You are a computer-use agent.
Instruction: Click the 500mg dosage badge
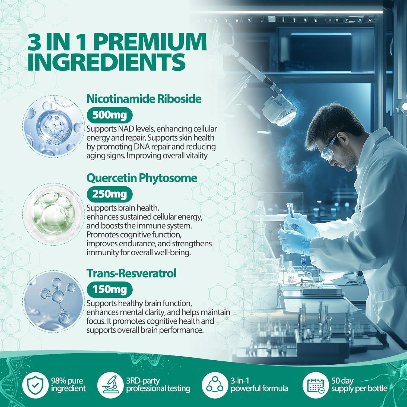point(109,115)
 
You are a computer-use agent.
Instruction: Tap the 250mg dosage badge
point(109,194)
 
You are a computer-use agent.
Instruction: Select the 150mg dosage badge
point(109,290)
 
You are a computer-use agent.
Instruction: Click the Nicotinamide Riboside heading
point(144,99)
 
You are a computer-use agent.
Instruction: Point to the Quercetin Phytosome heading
point(142,178)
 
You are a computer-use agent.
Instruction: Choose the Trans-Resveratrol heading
point(131,274)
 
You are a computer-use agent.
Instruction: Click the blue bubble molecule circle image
point(53,126)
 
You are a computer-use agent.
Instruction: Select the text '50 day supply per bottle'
point(359,385)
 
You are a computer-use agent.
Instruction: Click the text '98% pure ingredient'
point(68,385)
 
